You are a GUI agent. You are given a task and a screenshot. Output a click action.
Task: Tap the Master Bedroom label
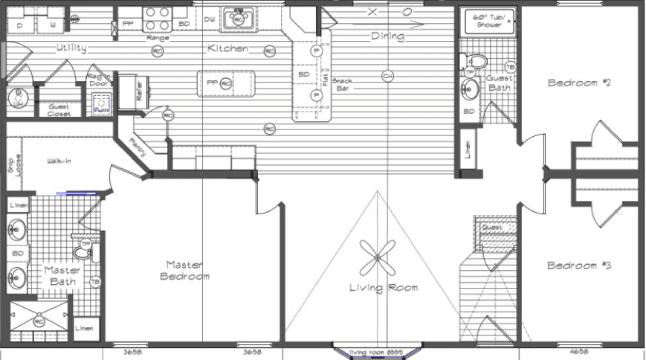pyautogui.click(x=184, y=270)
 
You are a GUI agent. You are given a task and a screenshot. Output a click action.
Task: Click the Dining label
pyautogui.click(x=387, y=36)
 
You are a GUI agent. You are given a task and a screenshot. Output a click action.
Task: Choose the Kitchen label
pyautogui.click(x=227, y=49)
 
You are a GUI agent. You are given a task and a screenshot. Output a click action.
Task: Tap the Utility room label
pyautogui.click(x=71, y=48)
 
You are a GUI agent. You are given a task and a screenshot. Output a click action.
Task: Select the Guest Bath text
pyautogui.click(x=499, y=83)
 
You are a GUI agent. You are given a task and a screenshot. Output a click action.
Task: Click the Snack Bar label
pyautogui.click(x=343, y=84)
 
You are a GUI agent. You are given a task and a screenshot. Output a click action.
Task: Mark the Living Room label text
pyautogui.click(x=384, y=288)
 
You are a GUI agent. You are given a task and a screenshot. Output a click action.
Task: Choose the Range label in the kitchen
pyautogui.click(x=158, y=37)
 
